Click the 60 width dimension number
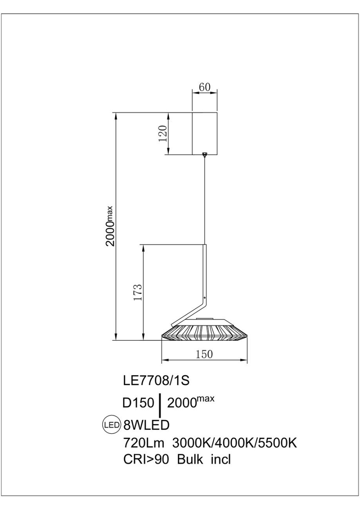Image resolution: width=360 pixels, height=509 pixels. (x=204, y=87)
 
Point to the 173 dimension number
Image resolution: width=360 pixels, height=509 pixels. (x=138, y=292)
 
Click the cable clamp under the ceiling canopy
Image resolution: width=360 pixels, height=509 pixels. (x=205, y=155)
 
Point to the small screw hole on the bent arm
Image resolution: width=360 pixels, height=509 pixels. (x=204, y=298)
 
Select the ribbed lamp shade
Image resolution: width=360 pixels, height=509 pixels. (x=204, y=333)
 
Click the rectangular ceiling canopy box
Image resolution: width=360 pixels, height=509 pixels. (x=205, y=134)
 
